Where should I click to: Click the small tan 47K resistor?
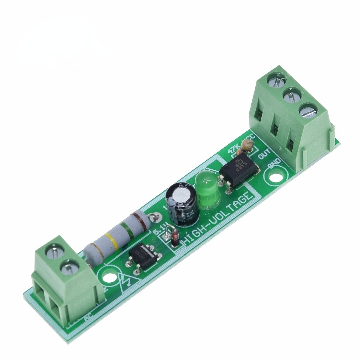(247, 145)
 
